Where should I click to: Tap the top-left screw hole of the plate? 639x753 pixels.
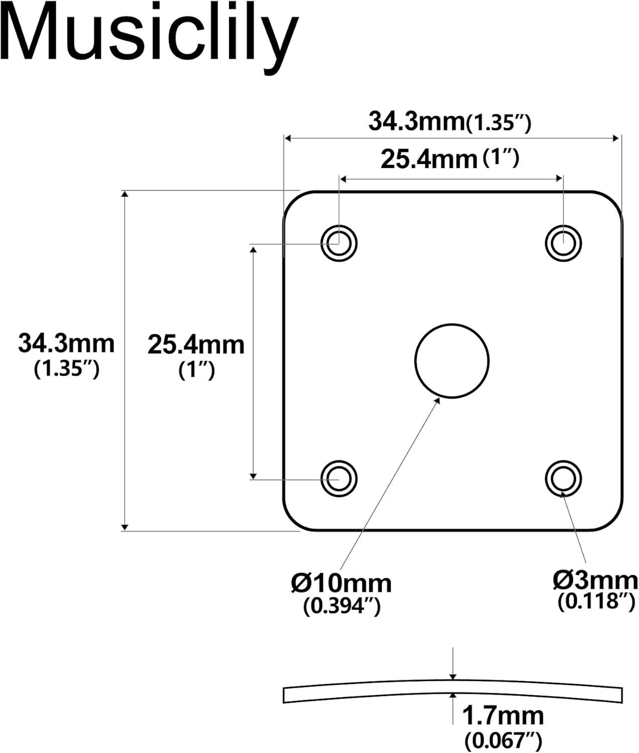point(339,243)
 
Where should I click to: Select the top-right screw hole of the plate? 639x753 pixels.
point(563,243)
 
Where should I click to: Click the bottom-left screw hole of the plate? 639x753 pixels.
point(339,478)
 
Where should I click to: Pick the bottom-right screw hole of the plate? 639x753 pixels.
point(563,478)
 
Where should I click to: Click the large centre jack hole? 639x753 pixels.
point(452,360)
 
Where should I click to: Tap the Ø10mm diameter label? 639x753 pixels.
point(341,583)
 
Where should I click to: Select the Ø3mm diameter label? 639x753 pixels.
point(595,580)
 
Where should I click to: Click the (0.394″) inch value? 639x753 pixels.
point(342,606)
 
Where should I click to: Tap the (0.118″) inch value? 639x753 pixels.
point(597,601)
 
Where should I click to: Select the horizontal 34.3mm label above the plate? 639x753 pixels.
point(417,121)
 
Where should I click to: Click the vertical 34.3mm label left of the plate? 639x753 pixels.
point(66,344)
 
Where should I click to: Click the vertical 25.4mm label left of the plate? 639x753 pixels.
point(196,345)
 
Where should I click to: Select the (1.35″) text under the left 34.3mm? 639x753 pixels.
point(67,369)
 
